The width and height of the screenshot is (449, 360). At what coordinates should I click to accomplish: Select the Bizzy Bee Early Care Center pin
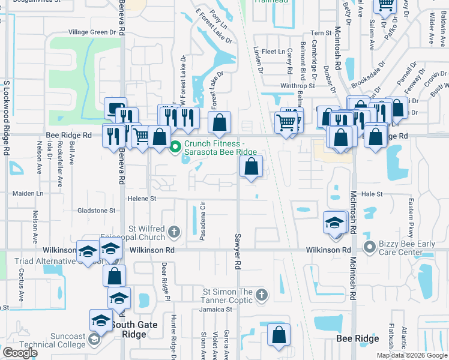(370, 245)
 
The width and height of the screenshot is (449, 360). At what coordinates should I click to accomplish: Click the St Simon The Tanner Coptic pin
(261, 295)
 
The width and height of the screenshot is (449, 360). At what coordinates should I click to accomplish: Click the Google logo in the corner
(20, 353)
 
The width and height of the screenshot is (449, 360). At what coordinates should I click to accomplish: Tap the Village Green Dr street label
(92, 32)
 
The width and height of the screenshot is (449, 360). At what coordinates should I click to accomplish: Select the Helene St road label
(141, 199)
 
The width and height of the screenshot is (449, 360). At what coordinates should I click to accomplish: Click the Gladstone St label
(96, 211)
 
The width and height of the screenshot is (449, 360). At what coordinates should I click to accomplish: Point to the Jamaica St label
(216, 310)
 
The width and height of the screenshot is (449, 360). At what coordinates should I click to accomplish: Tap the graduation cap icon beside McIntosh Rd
(334, 223)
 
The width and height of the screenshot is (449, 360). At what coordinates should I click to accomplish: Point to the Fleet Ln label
(273, 52)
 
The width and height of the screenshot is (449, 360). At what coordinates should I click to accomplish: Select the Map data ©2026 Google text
(411, 355)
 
